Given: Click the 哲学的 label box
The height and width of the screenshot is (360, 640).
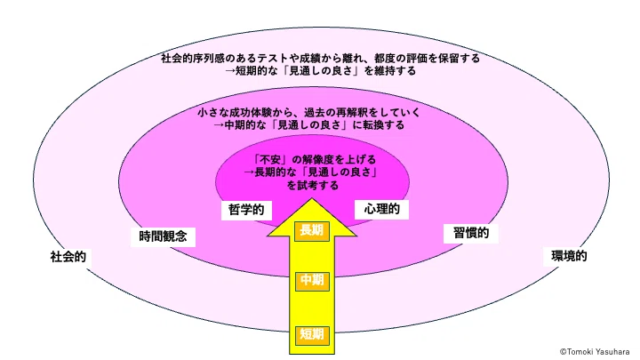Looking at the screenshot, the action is click(x=246, y=210).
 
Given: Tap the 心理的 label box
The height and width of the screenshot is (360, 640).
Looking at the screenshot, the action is click(x=381, y=210).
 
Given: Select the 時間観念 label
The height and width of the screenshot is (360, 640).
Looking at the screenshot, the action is click(x=163, y=236).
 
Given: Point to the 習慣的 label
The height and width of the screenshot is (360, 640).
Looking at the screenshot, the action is click(x=471, y=233).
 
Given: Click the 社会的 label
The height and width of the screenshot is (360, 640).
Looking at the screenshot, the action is click(x=68, y=257).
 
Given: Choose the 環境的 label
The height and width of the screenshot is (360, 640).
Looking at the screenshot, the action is click(x=569, y=256).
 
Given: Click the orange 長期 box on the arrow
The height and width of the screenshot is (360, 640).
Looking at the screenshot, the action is click(x=312, y=230).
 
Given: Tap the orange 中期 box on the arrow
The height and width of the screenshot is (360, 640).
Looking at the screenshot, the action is click(x=312, y=280).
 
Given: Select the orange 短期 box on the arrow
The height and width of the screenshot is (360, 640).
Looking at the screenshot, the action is click(x=312, y=335).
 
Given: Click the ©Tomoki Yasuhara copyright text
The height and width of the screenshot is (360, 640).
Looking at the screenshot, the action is click(x=595, y=352).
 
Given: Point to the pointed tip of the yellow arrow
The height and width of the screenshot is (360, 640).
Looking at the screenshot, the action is click(x=312, y=199).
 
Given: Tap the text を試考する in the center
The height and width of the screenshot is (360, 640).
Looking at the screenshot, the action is click(x=313, y=186).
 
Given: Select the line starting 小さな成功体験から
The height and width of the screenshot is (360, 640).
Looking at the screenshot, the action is click(x=308, y=112).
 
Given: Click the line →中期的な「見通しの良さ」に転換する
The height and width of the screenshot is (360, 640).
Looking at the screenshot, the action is click(x=309, y=125).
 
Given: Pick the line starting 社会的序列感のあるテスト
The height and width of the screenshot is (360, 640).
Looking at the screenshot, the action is click(x=320, y=59).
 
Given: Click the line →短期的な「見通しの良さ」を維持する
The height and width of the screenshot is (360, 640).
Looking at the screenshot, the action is click(x=320, y=71).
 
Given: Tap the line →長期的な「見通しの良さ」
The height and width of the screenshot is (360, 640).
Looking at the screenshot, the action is click(x=310, y=172).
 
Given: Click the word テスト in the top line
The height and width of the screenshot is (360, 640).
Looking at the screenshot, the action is click(x=268, y=59).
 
